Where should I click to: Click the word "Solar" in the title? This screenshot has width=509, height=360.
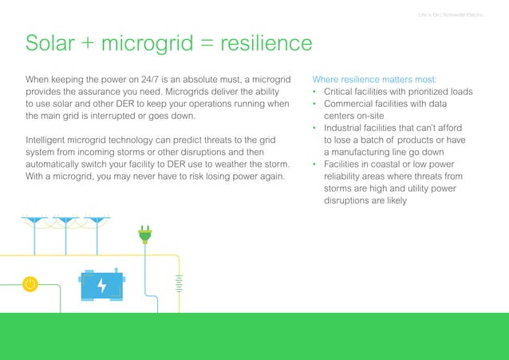[53, 42]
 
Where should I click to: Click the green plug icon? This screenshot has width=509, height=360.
[145, 234]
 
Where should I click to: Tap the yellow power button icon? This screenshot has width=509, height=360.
[30, 283]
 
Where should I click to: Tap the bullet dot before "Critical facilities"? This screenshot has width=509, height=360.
[315, 92]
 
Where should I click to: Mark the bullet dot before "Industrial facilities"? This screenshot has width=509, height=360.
[315, 129]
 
